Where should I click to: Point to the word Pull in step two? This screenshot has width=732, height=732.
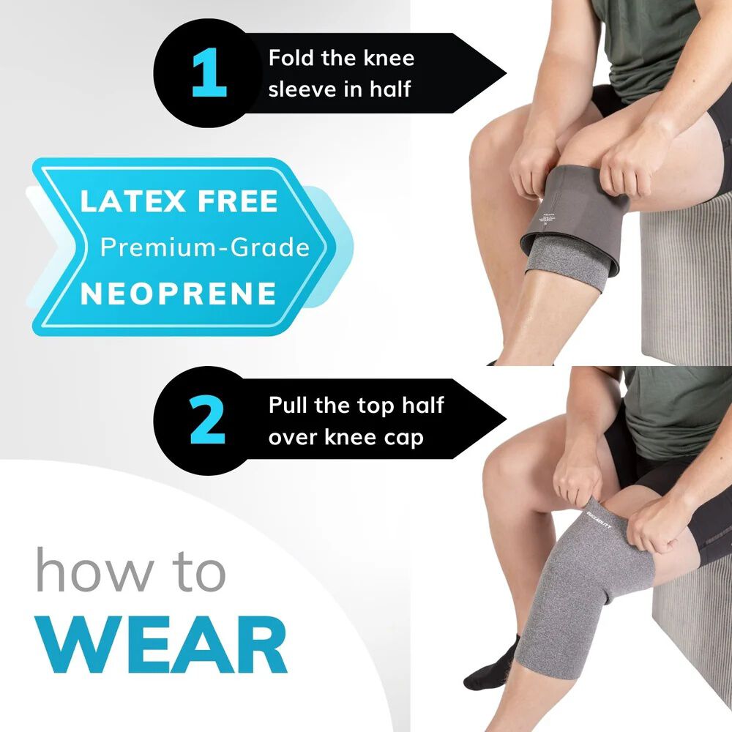291,405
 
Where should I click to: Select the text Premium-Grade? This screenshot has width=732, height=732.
204,247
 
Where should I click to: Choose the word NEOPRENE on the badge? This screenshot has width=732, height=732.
179,294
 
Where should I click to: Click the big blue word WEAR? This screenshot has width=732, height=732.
163,644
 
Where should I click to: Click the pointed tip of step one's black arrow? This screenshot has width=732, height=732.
505,73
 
